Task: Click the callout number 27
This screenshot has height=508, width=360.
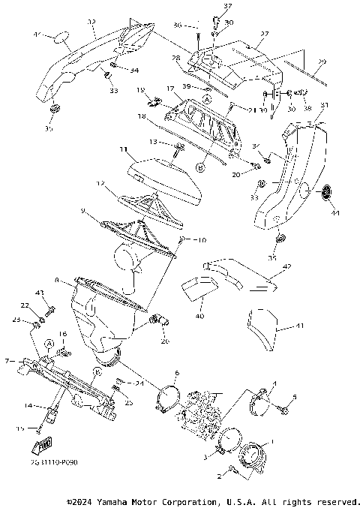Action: pyautogui.click(x=263, y=34)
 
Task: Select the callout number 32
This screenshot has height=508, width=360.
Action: pyautogui.click(x=91, y=23)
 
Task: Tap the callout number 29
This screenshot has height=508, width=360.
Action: pyautogui.click(x=322, y=62)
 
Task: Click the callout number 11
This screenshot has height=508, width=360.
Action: pyautogui.click(x=123, y=150)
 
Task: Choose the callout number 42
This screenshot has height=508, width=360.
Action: pyautogui.click(x=286, y=267)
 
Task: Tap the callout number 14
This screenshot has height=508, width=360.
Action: pyautogui.click(x=28, y=406)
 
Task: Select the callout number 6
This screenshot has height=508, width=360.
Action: pyautogui.click(x=176, y=373)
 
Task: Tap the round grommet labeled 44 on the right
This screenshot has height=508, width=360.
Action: pyautogui.click(x=326, y=194)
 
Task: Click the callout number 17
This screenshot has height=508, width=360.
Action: pyautogui.click(x=171, y=89)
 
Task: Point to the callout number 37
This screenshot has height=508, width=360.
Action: pyautogui.click(x=207, y=6)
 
